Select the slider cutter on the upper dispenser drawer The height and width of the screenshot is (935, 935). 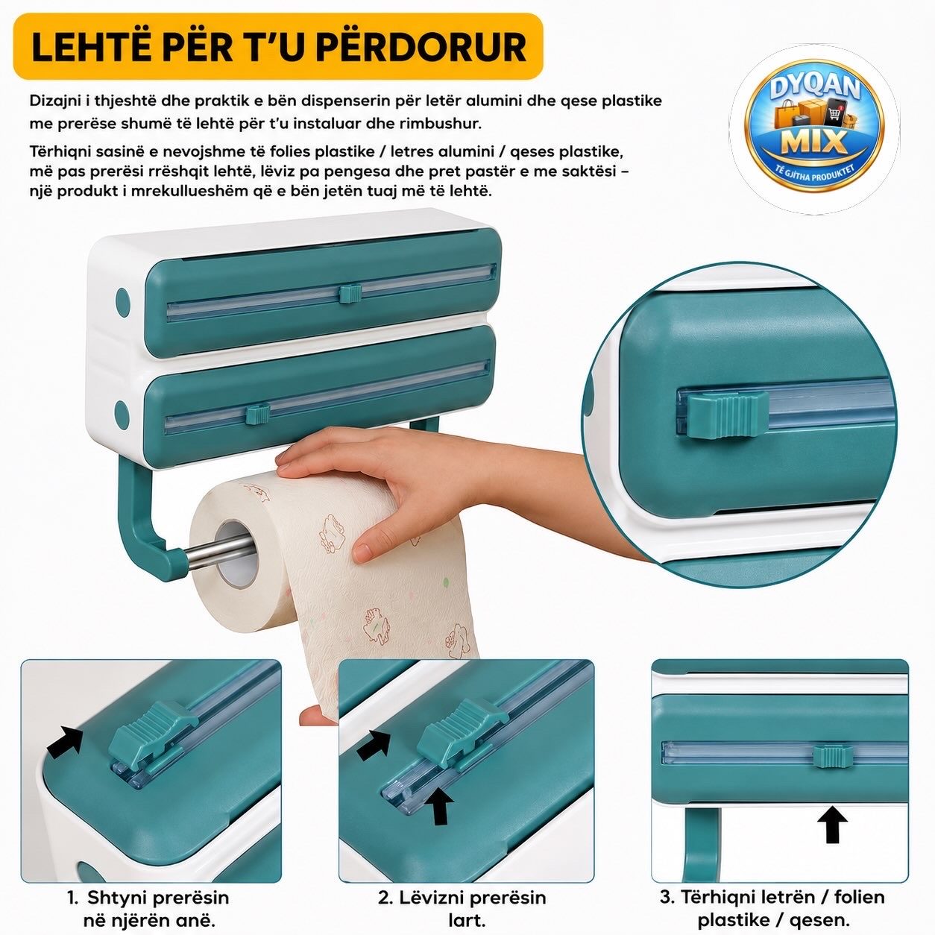pyautogui.click(x=350, y=294)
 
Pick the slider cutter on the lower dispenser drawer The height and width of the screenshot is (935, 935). pyautogui.click(x=258, y=415)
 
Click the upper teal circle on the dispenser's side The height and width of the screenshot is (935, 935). pyautogui.click(x=123, y=302)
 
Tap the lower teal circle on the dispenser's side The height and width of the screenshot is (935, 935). pyautogui.click(x=122, y=415)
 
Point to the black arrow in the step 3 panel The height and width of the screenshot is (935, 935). pyautogui.click(x=833, y=825)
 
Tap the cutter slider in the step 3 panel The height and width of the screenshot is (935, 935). pyautogui.click(x=833, y=757)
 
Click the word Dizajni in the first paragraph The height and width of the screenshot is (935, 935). pyautogui.click(x=57, y=101)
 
